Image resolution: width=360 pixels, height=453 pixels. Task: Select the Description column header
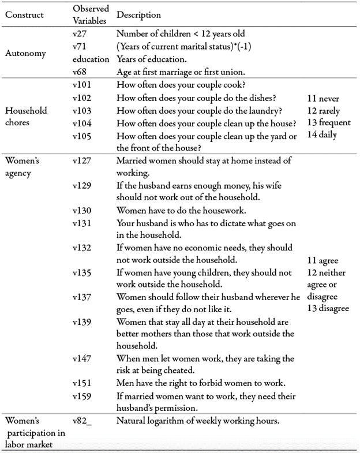pos(138,14)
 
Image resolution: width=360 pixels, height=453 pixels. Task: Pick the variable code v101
pos(82,85)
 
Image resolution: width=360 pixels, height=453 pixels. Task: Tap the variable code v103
pos(82,110)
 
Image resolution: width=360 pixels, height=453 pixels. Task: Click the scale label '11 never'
pos(324,99)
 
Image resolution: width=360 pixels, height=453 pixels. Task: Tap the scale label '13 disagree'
pos(328,308)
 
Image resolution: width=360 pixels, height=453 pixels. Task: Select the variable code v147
pos(82,359)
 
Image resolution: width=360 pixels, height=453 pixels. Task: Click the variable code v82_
pos(82,421)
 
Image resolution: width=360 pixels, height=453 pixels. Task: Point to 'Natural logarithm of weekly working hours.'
pos(198,421)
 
